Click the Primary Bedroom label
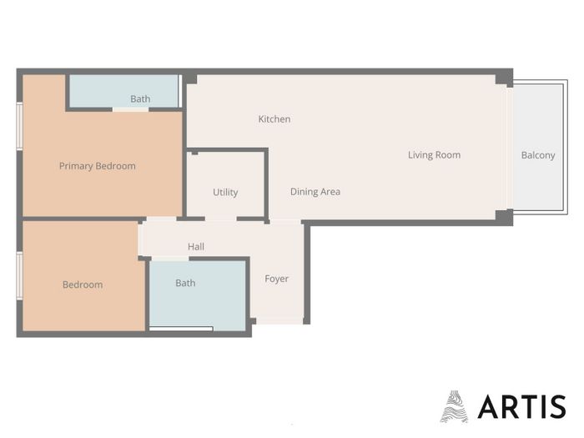98,166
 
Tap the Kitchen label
274,119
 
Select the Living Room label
434,155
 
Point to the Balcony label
538,155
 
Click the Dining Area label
315,192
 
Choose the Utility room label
225,192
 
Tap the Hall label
196,247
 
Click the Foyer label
276,279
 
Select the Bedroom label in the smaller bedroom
83,285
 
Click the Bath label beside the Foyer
185,283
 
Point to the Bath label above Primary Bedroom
140,99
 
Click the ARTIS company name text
521,407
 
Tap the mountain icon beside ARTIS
454,406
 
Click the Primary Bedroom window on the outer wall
20,126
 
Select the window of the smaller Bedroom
20,275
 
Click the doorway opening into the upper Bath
130,109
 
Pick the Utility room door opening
221,219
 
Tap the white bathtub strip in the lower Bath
181,329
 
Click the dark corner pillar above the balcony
504,78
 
